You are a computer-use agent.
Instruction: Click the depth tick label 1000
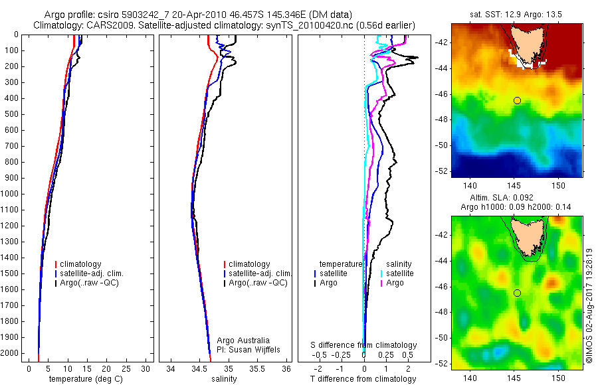click(x=11, y=194)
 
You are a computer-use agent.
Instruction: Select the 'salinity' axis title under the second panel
click(x=223, y=379)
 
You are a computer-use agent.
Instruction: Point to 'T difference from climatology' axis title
click(x=363, y=379)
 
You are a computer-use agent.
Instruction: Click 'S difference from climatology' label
click(x=363, y=345)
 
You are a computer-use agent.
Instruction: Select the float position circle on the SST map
click(x=517, y=100)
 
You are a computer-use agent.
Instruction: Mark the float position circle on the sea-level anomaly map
click(x=517, y=293)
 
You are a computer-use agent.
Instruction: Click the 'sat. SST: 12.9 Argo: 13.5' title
click(x=516, y=15)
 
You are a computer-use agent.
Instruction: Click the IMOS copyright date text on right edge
click(x=589, y=305)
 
